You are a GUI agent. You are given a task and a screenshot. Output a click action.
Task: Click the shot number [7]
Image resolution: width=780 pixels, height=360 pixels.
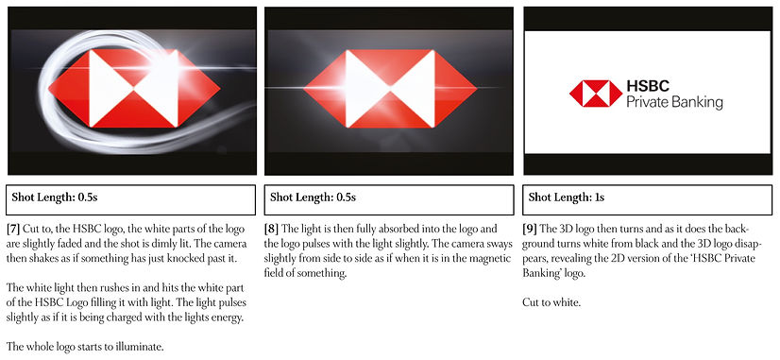point(13,229)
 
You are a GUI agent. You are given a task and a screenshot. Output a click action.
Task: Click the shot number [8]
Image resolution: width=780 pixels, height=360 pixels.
point(272,229)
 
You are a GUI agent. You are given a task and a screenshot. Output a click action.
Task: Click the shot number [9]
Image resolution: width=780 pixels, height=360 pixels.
point(530,229)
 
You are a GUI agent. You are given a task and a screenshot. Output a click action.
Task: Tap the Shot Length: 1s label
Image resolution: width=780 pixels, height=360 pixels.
point(565,197)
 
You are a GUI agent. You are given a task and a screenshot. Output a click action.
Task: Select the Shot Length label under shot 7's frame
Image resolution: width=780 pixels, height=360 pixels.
point(55,197)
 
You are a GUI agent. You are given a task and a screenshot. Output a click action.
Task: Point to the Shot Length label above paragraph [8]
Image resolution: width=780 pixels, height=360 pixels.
point(313,197)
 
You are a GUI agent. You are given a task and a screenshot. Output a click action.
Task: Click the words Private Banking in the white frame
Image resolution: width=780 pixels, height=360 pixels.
point(674,103)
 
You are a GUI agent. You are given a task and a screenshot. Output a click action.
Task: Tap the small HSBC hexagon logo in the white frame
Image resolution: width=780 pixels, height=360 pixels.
point(595,94)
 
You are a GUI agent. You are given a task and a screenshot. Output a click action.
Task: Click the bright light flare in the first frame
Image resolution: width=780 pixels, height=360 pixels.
point(165,68)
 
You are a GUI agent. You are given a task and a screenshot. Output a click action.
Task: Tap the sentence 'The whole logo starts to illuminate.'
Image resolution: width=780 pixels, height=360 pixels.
point(85,347)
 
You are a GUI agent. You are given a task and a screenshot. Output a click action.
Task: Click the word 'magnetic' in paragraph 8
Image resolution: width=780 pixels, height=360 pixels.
point(494,259)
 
